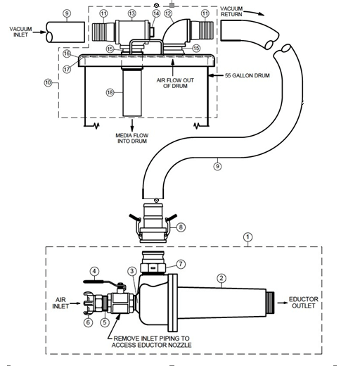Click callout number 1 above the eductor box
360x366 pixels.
(247, 237)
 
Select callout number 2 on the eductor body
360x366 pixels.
(221, 279)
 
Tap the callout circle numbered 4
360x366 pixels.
(94, 272)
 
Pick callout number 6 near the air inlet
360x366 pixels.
(88, 322)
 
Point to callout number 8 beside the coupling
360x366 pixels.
(181, 227)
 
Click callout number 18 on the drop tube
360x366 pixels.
(110, 92)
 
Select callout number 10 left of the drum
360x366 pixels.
(48, 82)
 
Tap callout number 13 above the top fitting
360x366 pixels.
(132, 13)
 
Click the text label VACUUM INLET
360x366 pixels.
(20, 32)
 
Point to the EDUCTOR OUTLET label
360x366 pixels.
(303, 303)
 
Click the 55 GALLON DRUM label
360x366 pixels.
(247, 75)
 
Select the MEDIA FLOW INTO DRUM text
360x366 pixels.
(132, 138)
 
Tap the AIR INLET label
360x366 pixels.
(60, 303)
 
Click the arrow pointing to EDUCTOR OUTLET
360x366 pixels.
(283, 303)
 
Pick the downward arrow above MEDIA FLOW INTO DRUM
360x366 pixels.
(132, 125)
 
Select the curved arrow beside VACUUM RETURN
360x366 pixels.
(254, 13)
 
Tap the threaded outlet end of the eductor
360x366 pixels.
(271, 303)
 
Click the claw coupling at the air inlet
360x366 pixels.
(89, 303)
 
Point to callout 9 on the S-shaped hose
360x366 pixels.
(217, 166)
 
